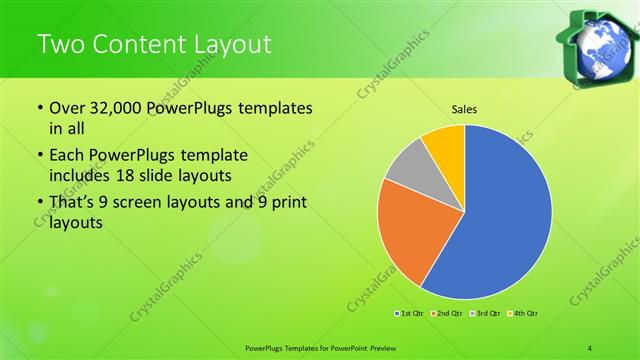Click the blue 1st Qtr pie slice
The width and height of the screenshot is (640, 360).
point(505,215)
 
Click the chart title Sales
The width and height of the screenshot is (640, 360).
point(463,108)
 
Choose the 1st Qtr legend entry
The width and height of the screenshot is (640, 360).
point(410,314)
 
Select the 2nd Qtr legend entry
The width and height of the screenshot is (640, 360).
point(449,314)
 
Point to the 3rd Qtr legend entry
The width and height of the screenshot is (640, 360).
point(488,314)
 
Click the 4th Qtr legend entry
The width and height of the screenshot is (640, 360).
point(526,314)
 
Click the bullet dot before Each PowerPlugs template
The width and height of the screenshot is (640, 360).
point(39,157)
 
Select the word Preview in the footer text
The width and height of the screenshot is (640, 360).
point(376,347)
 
